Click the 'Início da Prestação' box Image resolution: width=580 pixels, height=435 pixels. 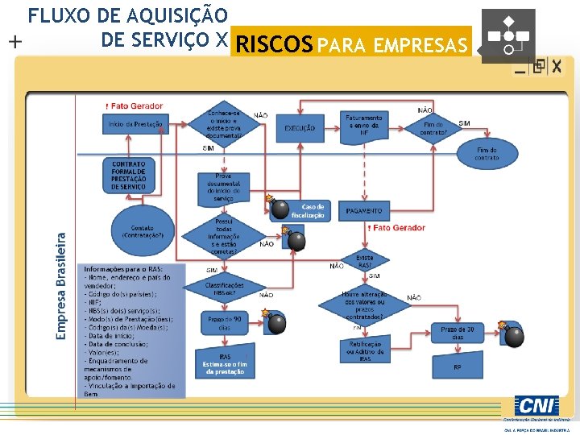coord(135,124)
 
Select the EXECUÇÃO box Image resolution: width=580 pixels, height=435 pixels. coord(300,128)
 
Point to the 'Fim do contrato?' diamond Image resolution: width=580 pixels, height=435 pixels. coord(433,127)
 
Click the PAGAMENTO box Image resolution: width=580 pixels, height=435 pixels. coord(363,211)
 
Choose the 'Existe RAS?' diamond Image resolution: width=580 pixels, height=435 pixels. coord(364,261)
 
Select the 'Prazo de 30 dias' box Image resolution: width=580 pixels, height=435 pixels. coord(458,333)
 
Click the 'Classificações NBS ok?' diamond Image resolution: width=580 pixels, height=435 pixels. coord(218,287)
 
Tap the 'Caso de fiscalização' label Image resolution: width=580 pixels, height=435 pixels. coord(308,211)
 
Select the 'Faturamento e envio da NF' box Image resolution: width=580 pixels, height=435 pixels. coord(364,126)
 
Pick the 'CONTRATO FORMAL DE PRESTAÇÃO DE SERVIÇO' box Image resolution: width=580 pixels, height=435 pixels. coord(129,175)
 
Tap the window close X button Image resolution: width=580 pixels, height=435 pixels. coord(557,65)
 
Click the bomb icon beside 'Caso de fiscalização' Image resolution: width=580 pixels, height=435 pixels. coord(280,209)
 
